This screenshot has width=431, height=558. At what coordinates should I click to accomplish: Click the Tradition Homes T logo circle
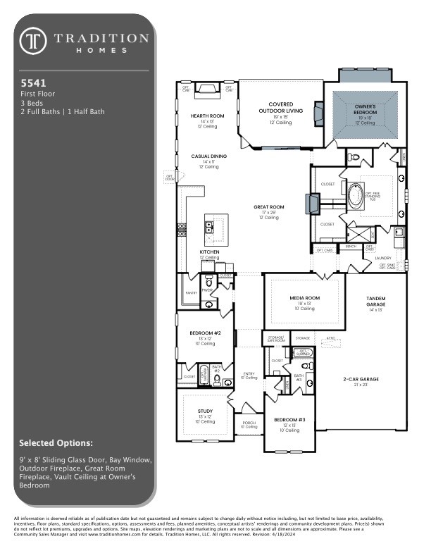pyautogui.click(x=32, y=42)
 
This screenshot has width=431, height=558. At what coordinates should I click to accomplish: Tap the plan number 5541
pyautogui.click(x=30, y=82)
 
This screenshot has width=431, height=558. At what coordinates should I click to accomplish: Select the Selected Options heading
pyautogui.click(x=56, y=443)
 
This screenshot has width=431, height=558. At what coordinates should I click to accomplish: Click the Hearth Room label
pyautogui.click(x=208, y=116)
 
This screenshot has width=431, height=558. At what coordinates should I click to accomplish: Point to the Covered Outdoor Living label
pyautogui.click(x=280, y=108)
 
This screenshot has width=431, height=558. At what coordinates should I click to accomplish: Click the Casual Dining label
pyautogui.click(x=209, y=156)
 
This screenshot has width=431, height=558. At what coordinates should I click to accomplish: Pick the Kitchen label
pyautogui.click(x=209, y=252)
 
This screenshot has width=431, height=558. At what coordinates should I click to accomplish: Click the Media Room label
pyautogui.click(x=305, y=298)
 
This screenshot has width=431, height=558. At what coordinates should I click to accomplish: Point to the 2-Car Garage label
pyautogui.click(x=360, y=379)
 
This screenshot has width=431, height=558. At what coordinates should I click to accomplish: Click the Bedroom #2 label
pyautogui.click(x=206, y=333)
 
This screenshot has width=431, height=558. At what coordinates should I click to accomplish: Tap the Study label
pyautogui.click(x=205, y=410)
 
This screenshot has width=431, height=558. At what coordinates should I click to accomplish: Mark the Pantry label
pyautogui.click(x=191, y=292)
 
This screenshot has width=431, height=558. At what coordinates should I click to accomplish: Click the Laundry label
pyautogui.click(x=363, y=258)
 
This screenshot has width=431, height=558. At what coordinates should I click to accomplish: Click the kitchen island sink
pyautogui.click(x=209, y=227)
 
